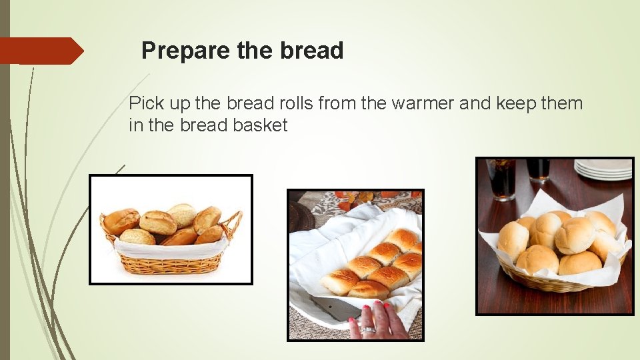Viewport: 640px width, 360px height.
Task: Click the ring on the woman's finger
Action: (368, 329)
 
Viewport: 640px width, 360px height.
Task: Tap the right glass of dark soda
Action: (538, 169)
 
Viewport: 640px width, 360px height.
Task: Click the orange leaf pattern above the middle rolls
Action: (360, 199)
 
